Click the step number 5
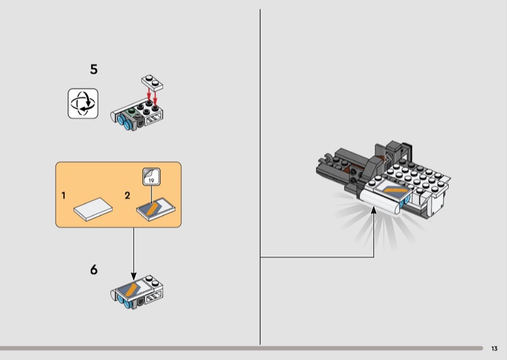tap(94, 69)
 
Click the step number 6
tap(94, 269)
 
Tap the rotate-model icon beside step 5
tap(83, 103)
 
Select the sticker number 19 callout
tap(151, 177)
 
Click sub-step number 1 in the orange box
tap(64, 195)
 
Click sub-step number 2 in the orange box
tap(127, 195)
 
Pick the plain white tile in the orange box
tap(93, 209)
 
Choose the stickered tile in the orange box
tap(156, 209)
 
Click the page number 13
tap(494, 349)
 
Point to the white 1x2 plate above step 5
tap(152, 82)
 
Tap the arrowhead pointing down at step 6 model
tap(134, 276)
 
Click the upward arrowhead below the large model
tap(374, 210)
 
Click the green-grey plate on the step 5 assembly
tap(131, 113)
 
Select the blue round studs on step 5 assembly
tap(124, 123)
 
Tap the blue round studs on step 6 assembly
tap(124, 302)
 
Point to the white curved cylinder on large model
tap(380, 202)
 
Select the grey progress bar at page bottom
tap(241, 349)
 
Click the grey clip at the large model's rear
tap(326, 159)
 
